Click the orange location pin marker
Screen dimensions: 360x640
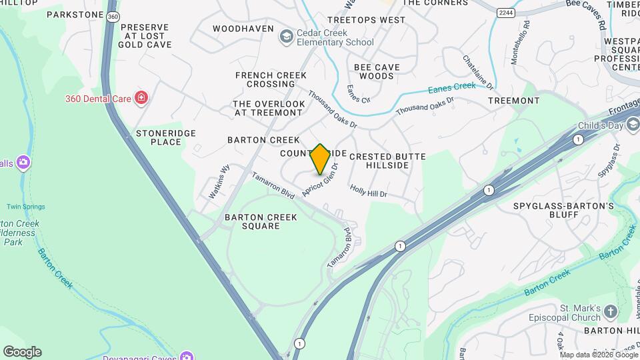(320, 159)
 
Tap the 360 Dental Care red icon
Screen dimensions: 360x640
(141, 99)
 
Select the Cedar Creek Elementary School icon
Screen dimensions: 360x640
(287, 35)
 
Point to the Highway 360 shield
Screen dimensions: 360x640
(113, 16)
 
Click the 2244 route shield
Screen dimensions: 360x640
(505, 12)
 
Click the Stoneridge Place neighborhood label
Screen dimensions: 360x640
(166, 137)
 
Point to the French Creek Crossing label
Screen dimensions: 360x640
(265, 79)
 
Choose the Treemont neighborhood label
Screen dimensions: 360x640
(513, 101)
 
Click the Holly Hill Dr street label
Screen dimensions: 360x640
(369, 191)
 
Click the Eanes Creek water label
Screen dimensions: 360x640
(451, 87)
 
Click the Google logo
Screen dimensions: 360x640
(22, 351)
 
